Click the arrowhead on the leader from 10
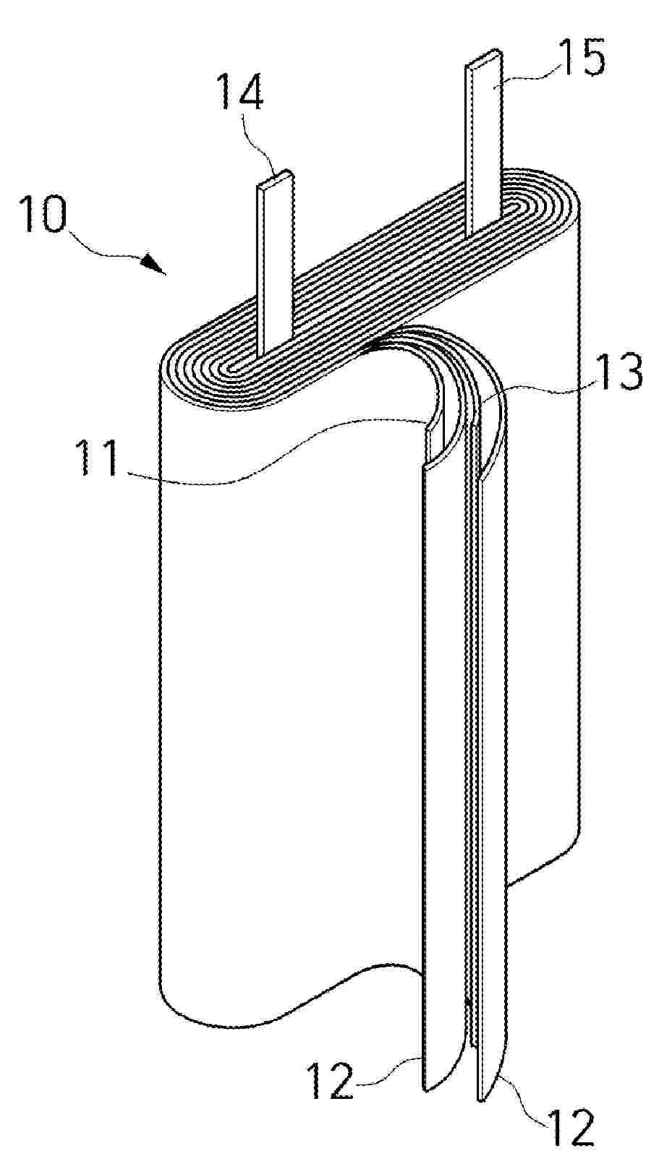tap(153, 264)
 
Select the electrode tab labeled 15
tap(484, 144)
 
